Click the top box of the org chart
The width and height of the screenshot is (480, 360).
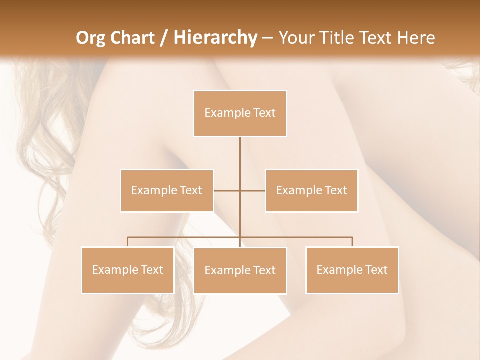(240, 113)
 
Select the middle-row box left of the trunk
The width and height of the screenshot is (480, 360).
(167, 190)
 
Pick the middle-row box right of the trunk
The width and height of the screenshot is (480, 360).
(311, 190)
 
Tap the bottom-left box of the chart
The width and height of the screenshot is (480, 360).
(128, 270)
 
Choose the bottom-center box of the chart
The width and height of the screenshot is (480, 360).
(240, 270)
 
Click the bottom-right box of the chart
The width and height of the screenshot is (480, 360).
(352, 270)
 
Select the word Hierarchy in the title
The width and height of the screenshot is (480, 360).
(215, 38)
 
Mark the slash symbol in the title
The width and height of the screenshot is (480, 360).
(164, 38)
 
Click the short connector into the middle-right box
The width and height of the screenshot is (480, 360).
(253, 190)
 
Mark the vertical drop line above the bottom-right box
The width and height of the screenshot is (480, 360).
(352, 242)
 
